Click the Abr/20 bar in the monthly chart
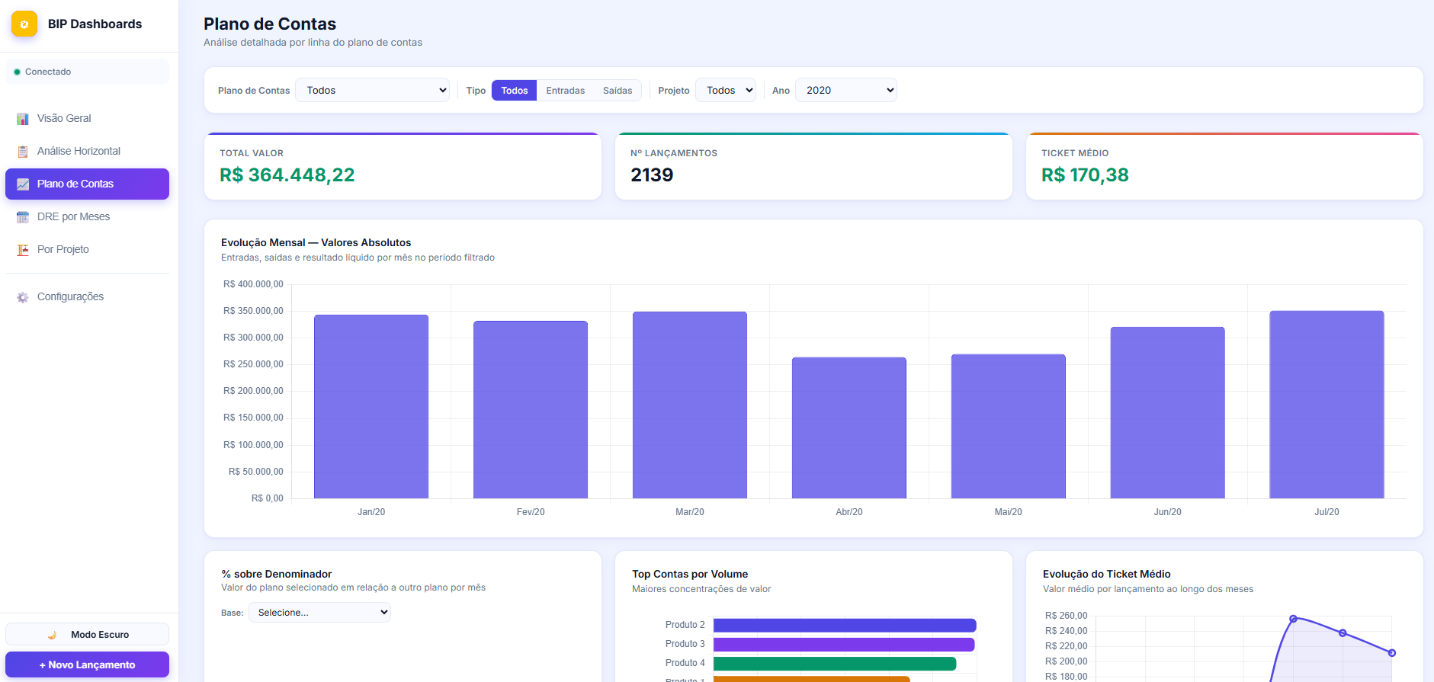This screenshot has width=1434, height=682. click(x=849, y=427)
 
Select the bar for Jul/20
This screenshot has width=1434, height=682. click(x=1327, y=405)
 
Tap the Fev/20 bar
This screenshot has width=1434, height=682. click(x=531, y=410)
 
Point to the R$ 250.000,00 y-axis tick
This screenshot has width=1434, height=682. click(x=253, y=364)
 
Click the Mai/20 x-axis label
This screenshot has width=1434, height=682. click(x=1008, y=512)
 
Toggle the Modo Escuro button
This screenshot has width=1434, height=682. click(x=87, y=634)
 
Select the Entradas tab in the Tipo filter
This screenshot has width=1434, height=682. click(x=566, y=90)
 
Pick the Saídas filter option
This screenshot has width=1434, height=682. click(x=618, y=90)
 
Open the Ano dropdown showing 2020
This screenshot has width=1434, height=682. click(x=846, y=90)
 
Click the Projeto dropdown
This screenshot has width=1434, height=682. click(x=726, y=90)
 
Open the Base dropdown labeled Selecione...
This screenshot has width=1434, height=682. click(x=320, y=613)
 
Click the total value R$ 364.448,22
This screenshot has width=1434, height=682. click(x=287, y=175)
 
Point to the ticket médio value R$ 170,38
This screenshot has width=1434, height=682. click(x=1085, y=175)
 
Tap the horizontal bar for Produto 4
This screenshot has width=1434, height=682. click(x=835, y=664)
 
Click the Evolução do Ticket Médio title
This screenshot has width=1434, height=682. click(x=1107, y=574)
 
